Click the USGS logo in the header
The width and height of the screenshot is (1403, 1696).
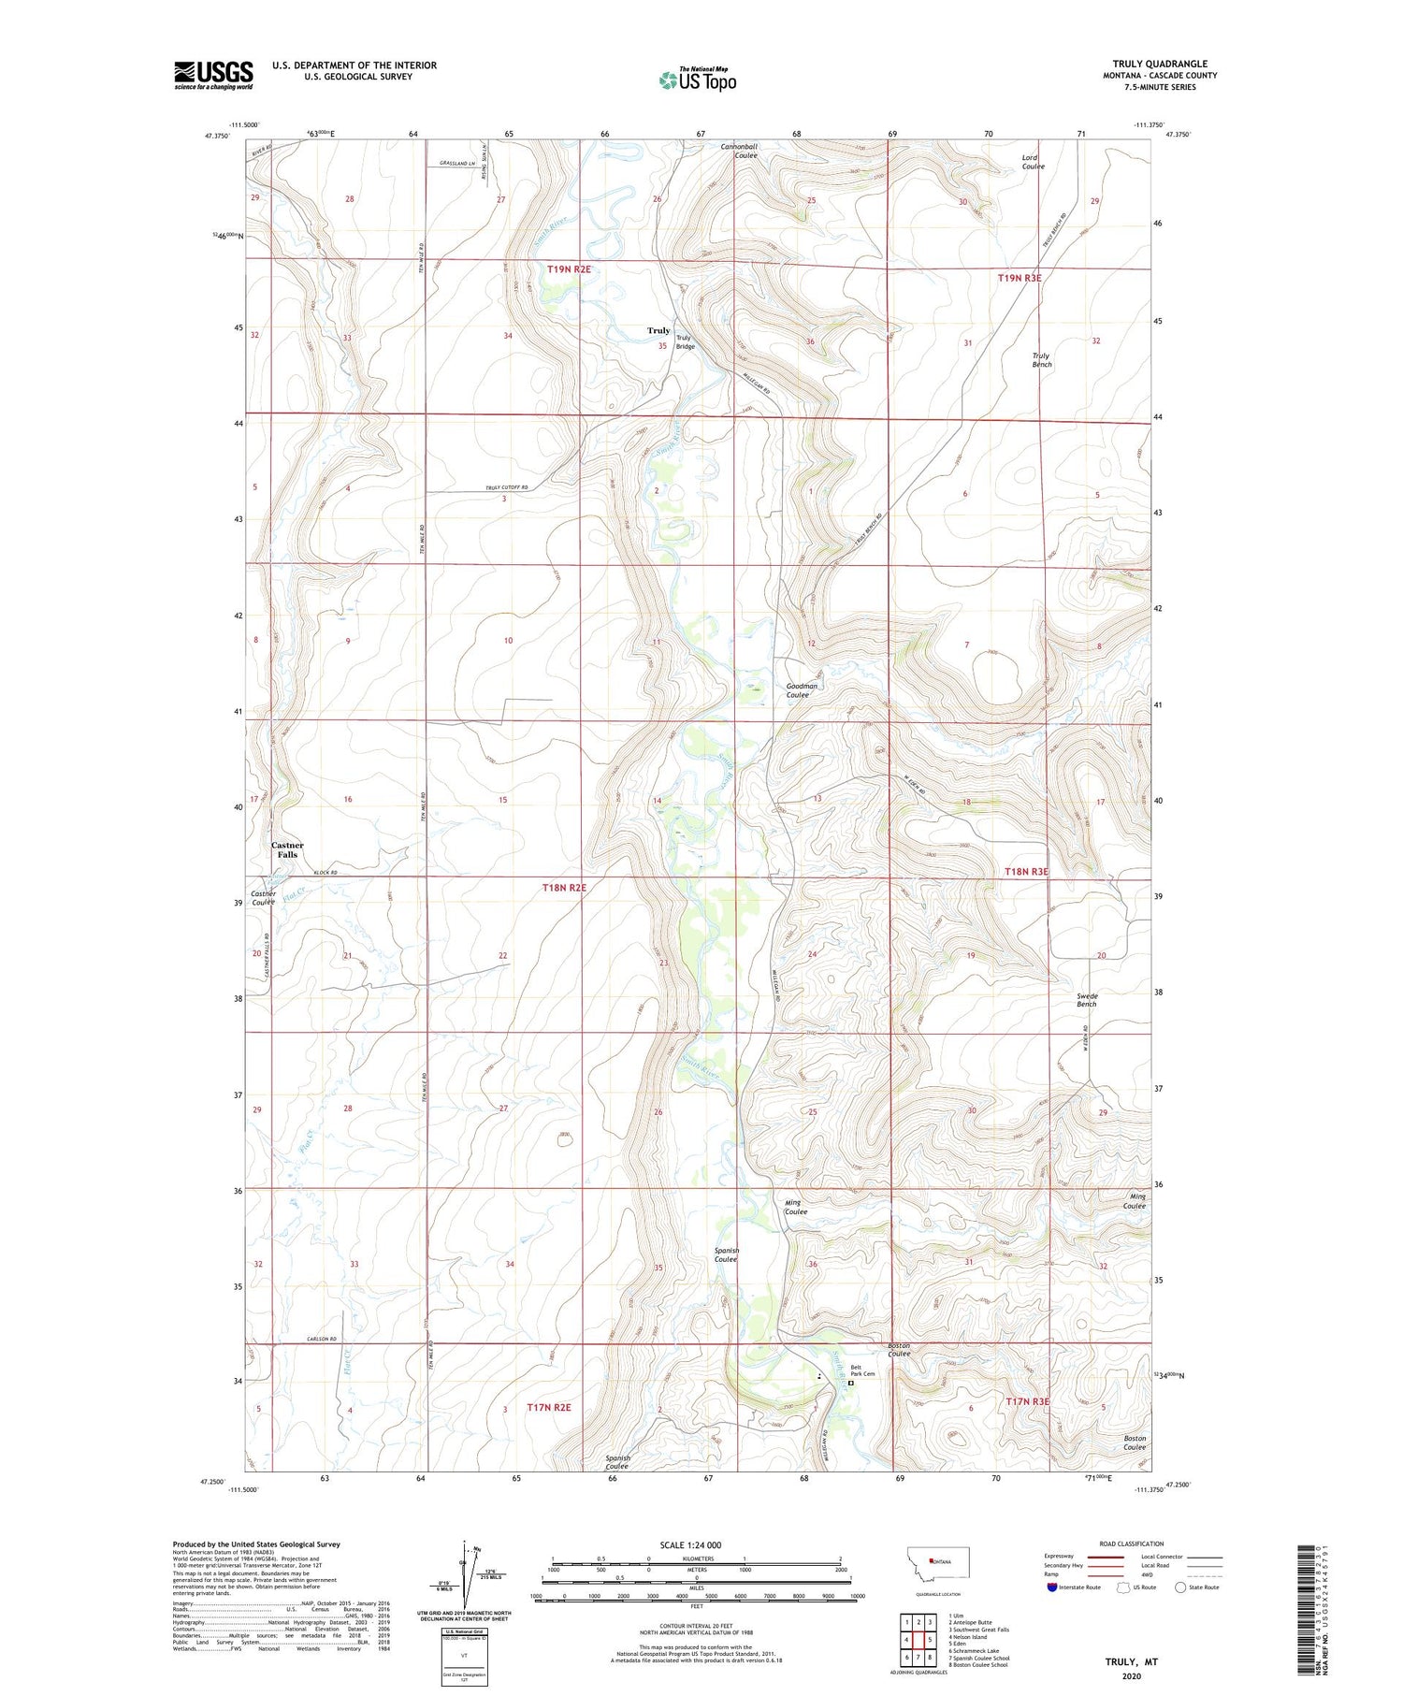click(213, 74)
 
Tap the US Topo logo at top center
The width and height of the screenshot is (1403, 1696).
click(697, 80)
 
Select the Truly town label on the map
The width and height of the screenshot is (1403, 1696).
click(658, 330)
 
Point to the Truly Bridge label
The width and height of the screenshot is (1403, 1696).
click(685, 342)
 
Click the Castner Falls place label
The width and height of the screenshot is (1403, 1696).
click(287, 849)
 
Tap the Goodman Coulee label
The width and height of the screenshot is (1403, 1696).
click(801, 689)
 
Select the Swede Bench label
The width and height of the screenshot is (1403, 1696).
click(1086, 1000)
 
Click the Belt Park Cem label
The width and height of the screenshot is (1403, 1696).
click(862, 1372)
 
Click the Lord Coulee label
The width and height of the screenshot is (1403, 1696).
click(1033, 162)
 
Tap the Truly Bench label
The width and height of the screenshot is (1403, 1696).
click(1041, 359)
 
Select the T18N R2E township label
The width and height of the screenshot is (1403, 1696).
click(564, 887)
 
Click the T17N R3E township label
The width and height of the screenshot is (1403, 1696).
click(1027, 1400)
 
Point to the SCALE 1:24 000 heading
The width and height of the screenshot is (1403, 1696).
click(690, 1544)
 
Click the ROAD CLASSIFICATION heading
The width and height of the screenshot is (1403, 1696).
click(1131, 1544)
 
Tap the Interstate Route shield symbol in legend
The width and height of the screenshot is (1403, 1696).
click(1051, 1587)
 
